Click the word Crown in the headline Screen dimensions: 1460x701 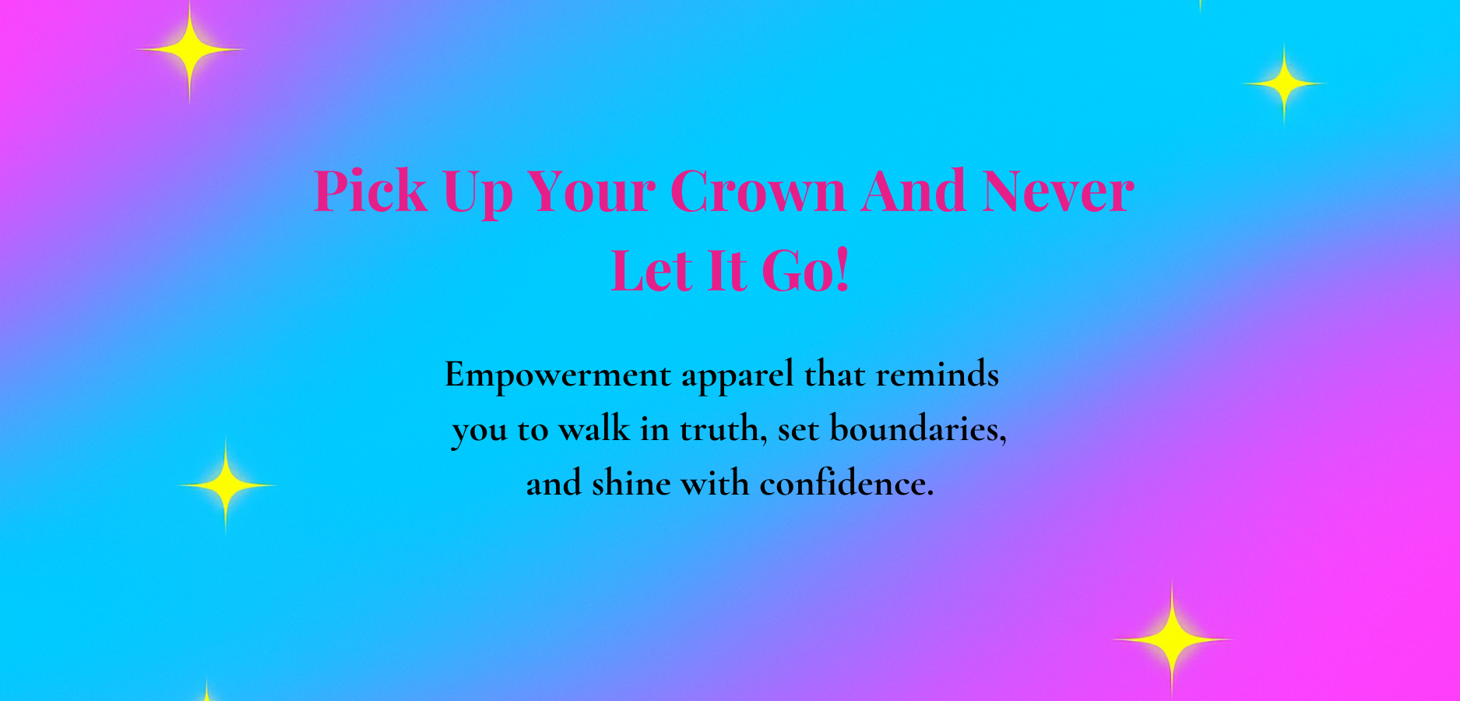click(757, 192)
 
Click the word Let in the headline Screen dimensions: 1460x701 click(652, 271)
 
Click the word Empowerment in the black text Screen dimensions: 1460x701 click(558, 375)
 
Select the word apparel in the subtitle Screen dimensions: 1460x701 click(738, 377)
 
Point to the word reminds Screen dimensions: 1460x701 click(938, 375)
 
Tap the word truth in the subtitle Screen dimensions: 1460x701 click(724, 430)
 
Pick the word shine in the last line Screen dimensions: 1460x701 click(631, 484)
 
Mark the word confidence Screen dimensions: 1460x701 click(847, 484)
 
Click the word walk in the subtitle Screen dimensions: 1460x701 click(594, 429)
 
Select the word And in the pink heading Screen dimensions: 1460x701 click(913, 191)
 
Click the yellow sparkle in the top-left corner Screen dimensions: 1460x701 click(190, 50)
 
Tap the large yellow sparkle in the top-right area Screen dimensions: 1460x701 click(1284, 83)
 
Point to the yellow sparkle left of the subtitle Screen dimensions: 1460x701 click(226, 485)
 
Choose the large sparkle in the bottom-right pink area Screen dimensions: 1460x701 click(1172, 639)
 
